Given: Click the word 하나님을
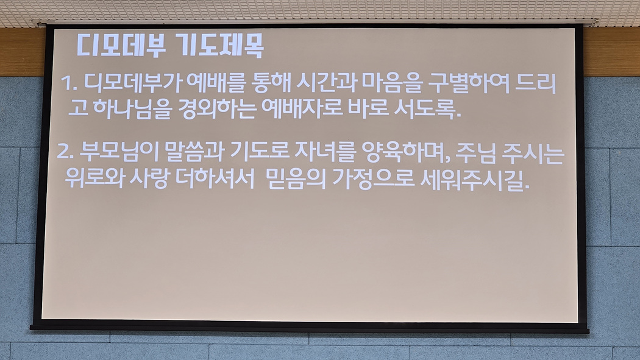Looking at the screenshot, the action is [131, 109].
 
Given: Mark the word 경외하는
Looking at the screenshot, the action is [217, 109].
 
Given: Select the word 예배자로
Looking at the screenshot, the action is [302, 109].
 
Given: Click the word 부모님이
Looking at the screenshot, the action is [119, 152].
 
